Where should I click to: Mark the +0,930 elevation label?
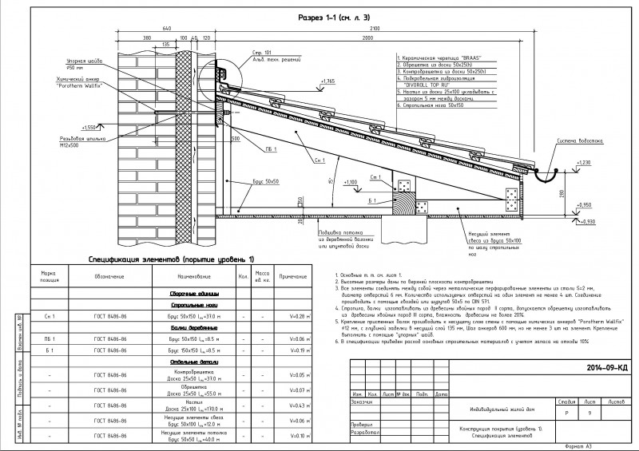coord(588,221)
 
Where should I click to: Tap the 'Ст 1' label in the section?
coord(375,177)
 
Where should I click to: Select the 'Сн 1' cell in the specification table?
coord(43,316)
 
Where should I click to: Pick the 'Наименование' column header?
coord(188,276)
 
